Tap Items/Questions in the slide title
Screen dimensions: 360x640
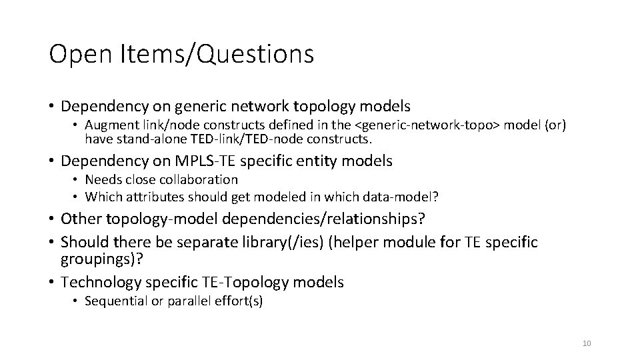click(x=217, y=54)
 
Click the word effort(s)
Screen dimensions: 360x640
click(x=238, y=301)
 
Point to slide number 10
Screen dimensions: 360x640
click(x=587, y=343)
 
